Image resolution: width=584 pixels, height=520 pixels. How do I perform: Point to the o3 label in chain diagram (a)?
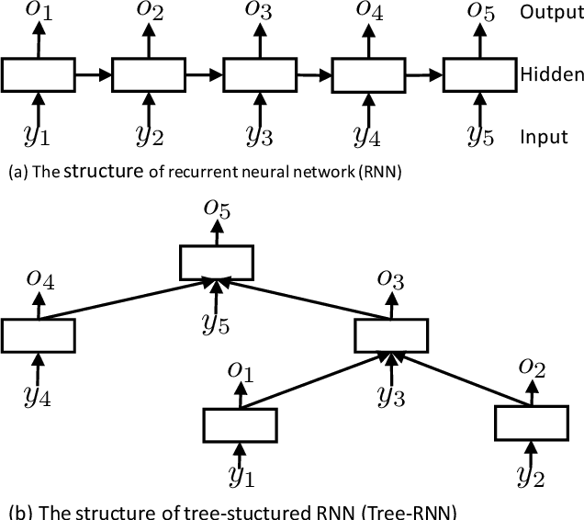(x=260, y=13)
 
